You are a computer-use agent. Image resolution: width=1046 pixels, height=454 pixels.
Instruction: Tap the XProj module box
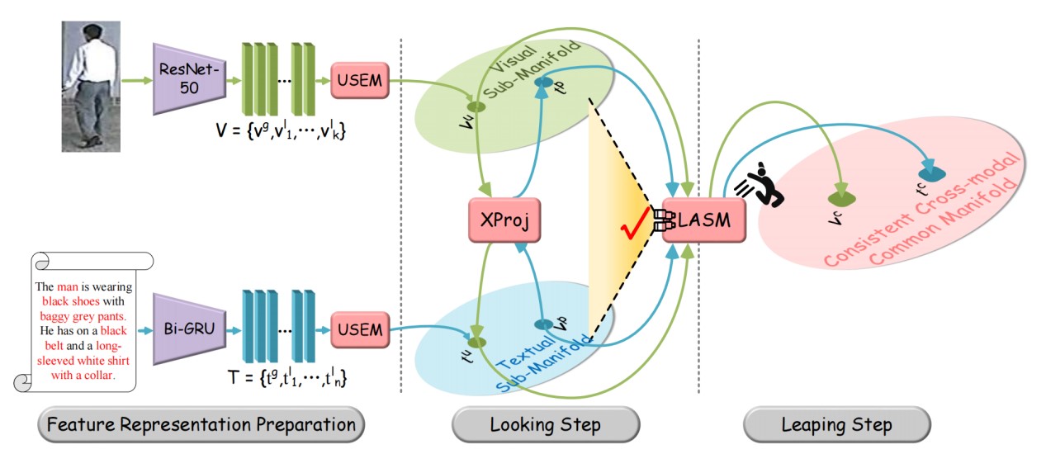[x=504, y=220]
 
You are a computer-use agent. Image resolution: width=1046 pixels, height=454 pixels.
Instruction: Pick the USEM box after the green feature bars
[x=360, y=80]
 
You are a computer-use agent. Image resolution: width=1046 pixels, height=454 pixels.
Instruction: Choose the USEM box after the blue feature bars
[x=360, y=330]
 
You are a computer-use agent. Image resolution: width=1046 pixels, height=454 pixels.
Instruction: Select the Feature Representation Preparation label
[x=201, y=425]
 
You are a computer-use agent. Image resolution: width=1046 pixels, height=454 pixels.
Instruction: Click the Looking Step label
[x=545, y=425]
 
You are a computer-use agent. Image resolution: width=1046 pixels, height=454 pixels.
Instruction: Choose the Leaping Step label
[x=836, y=425]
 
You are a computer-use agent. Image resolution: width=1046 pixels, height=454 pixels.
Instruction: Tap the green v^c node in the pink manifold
[x=840, y=199]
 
